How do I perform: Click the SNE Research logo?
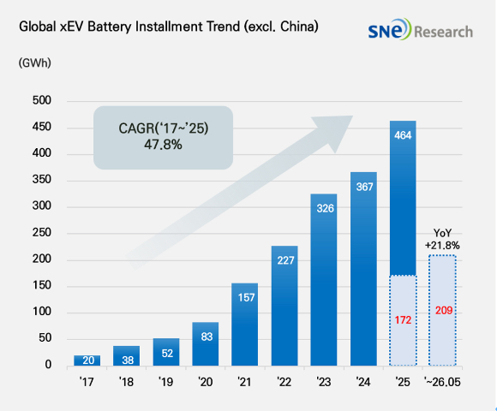click(420, 30)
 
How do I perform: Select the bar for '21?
click(245, 325)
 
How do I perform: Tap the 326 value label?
click(326, 208)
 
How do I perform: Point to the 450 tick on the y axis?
click(41, 127)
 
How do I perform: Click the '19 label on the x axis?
click(165, 382)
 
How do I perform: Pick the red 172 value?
click(403, 320)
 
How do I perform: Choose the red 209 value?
click(443, 310)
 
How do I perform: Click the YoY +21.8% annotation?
click(442, 240)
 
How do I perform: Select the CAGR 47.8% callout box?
click(163, 137)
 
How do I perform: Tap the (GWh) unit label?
click(35, 63)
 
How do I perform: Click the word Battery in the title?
click(110, 27)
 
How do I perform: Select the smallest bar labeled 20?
click(87, 360)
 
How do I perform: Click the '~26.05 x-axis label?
click(442, 382)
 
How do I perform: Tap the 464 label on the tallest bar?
click(403, 135)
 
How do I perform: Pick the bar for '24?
click(363, 269)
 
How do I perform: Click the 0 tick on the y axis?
click(48, 365)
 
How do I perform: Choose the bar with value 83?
click(206, 344)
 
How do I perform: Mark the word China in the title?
click(297, 27)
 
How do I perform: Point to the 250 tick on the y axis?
click(41, 233)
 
